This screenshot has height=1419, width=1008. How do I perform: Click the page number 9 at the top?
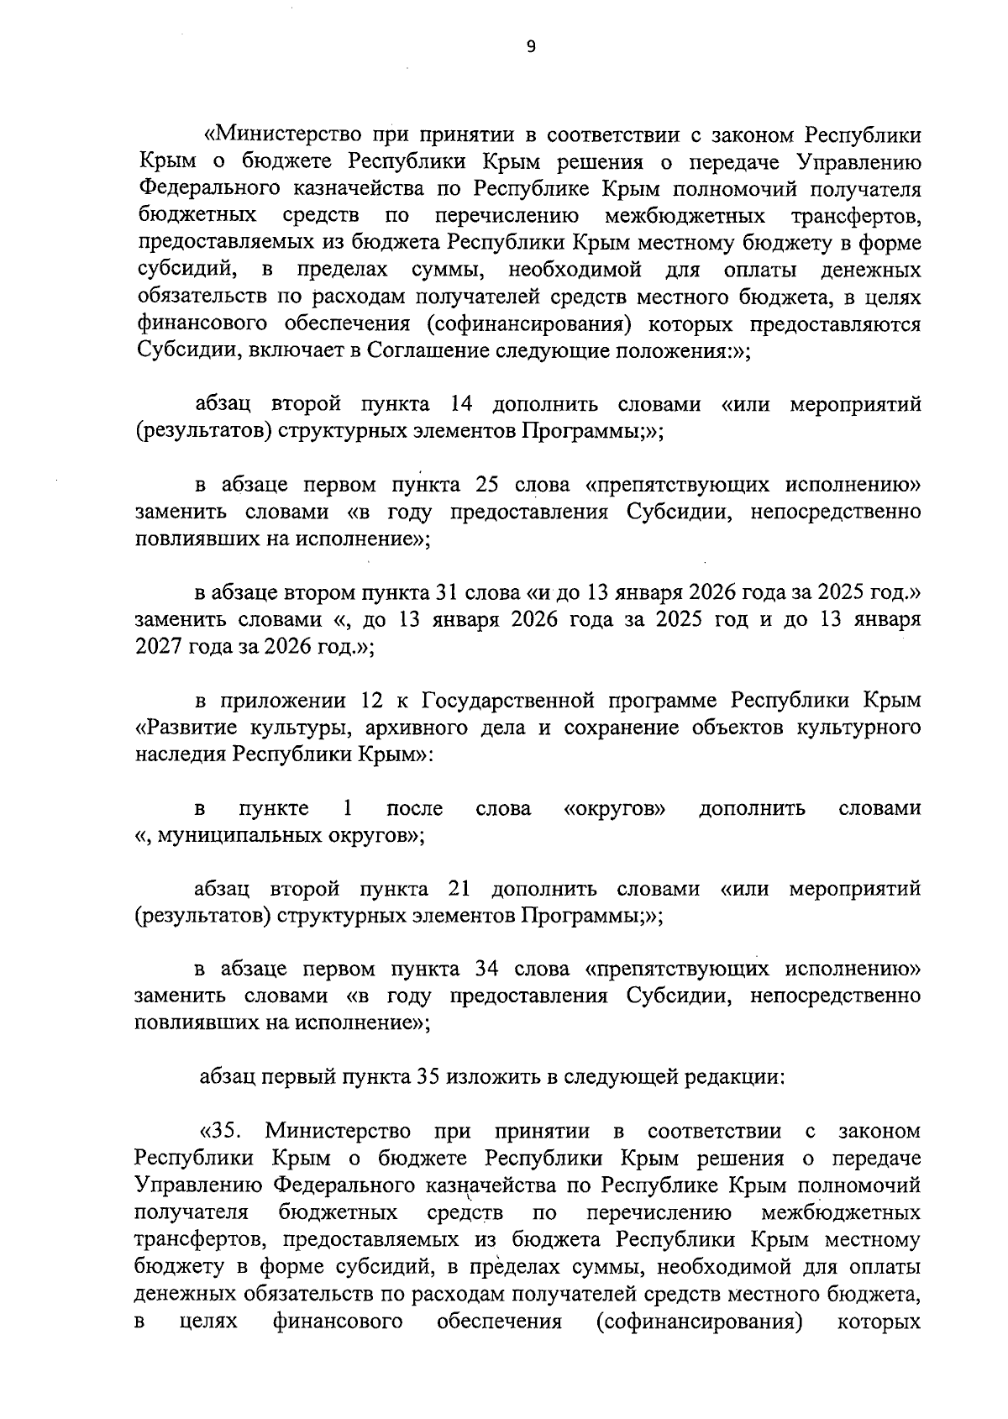(530, 47)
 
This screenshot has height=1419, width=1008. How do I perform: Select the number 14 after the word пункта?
(461, 404)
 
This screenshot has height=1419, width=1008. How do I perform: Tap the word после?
(414, 808)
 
